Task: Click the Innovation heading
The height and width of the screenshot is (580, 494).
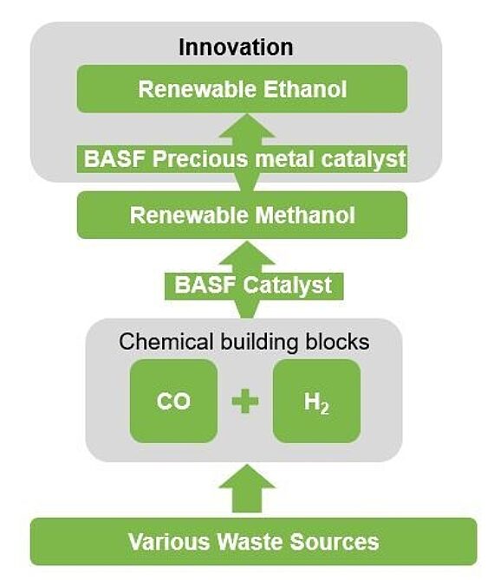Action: (236, 46)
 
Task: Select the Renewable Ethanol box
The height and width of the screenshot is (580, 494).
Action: (242, 89)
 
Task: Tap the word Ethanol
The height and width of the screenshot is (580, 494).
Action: (306, 89)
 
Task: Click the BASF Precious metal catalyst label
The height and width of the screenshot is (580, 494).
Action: (245, 159)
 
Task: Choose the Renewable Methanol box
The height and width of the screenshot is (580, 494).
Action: (242, 215)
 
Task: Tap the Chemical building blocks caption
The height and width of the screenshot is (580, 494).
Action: (244, 341)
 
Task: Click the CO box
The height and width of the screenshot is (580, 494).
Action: (173, 401)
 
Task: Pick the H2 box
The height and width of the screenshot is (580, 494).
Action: (316, 401)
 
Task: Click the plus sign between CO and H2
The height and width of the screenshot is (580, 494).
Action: (245, 401)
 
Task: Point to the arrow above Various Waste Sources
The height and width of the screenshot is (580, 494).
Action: (245, 489)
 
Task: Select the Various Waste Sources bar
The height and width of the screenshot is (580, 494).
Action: (253, 542)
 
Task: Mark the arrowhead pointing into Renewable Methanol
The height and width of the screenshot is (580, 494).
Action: (245, 255)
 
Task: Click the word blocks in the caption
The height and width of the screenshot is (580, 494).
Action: (336, 341)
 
